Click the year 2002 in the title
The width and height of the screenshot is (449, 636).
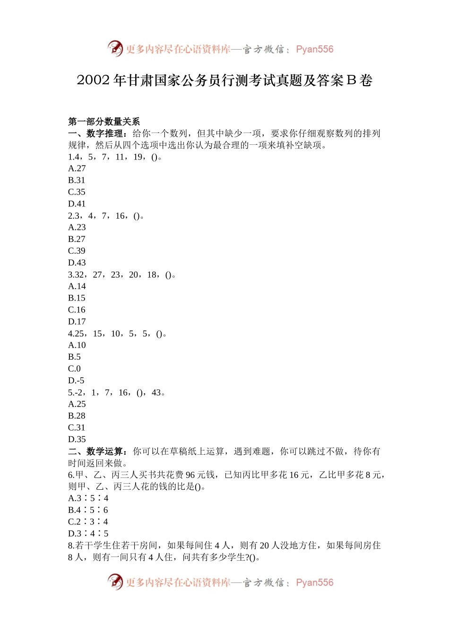pyautogui.click(x=93, y=80)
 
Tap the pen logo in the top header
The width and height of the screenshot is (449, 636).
pyautogui.click(x=115, y=48)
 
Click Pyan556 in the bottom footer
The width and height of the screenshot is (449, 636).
pyautogui.click(x=314, y=583)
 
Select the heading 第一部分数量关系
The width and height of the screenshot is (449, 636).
pyautogui.click(x=104, y=122)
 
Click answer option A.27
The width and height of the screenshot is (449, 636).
pyautogui.click(x=77, y=168)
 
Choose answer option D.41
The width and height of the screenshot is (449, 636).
pyautogui.click(x=77, y=204)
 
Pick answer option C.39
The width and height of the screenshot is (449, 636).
pyautogui.click(x=77, y=251)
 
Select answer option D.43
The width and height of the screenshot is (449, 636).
pyautogui.click(x=77, y=263)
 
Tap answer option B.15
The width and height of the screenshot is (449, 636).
pyautogui.click(x=77, y=298)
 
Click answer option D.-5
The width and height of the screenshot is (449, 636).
pyautogui.click(x=76, y=380)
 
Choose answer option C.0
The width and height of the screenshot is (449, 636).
pyautogui.click(x=75, y=369)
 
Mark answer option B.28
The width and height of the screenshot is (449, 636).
pyautogui.click(x=77, y=416)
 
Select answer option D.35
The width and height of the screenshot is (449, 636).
pyautogui.click(x=77, y=439)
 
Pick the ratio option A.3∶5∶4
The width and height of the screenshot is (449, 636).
pyautogui.click(x=88, y=498)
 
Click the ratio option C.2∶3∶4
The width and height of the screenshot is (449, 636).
pyautogui.click(x=88, y=522)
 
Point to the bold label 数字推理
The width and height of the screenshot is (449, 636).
pyautogui.click(x=104, y=133)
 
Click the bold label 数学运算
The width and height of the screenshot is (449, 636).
pyautogui.click(x=104, y=451)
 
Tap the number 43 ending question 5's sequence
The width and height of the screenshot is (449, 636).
pyautogui.click(x=156, y=392)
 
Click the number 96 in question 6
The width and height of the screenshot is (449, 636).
pyautogui.click(x=190, y=475)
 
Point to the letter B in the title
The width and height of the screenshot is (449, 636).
pyautogui.click(x=351, y=80)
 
